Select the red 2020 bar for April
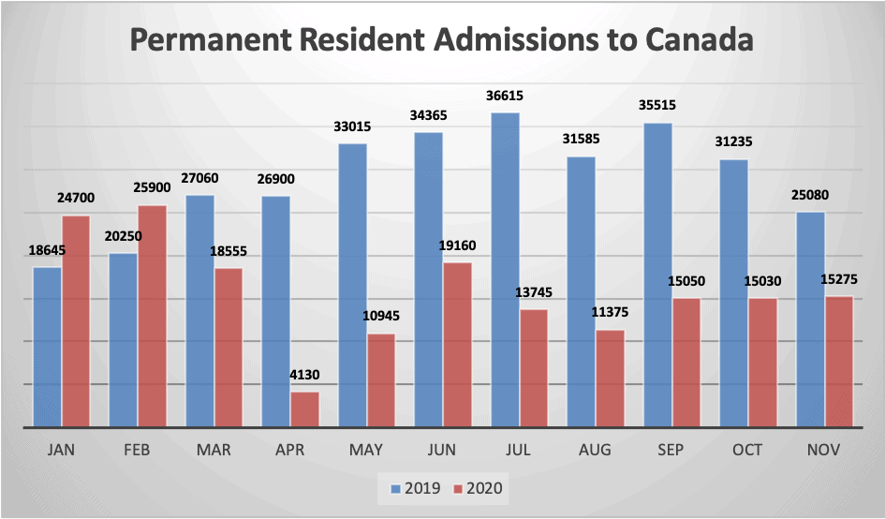pyautogui.click(x=305, y=409)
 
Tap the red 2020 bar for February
pyautogui.click(x=152, y=317)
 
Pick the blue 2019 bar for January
pyautogui.click(x=48, y=347)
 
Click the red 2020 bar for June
pyautogui.click(x=457, y=345)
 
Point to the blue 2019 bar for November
pyautogui.click(x=810, y=319)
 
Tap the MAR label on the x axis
pyautogui.click(x=214, y=450)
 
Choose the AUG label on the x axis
pyautogui.click(x=594, y=450)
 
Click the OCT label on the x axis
pyautogui.click(x=746, y=450)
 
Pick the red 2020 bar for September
pyautogui.click(x=686, y=363)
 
